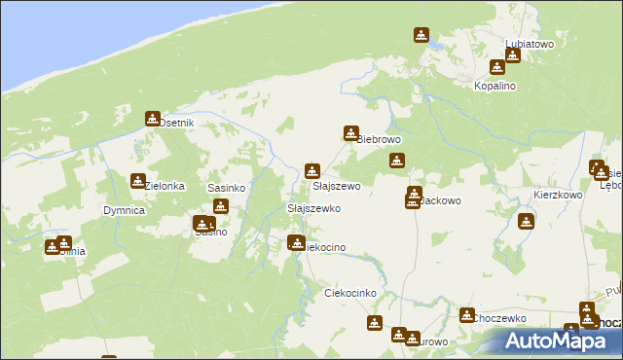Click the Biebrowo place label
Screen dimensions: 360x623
[379, 139]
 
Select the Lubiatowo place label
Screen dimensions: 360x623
[530, 44]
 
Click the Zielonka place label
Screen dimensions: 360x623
[165, 186]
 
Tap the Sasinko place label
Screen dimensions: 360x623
[225, 187]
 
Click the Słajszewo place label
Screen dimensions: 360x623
[336, 186]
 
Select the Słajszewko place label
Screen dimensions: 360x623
[312, 209]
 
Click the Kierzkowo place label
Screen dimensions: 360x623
[558, 195]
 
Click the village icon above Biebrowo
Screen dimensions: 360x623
[350, 133]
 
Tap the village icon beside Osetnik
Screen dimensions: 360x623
[153, 119]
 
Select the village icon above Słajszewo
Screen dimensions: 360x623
[311, 170]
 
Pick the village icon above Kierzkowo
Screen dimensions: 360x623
[528, 221]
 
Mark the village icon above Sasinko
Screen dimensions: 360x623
[221, 206]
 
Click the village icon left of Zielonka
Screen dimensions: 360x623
[138, 181]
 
